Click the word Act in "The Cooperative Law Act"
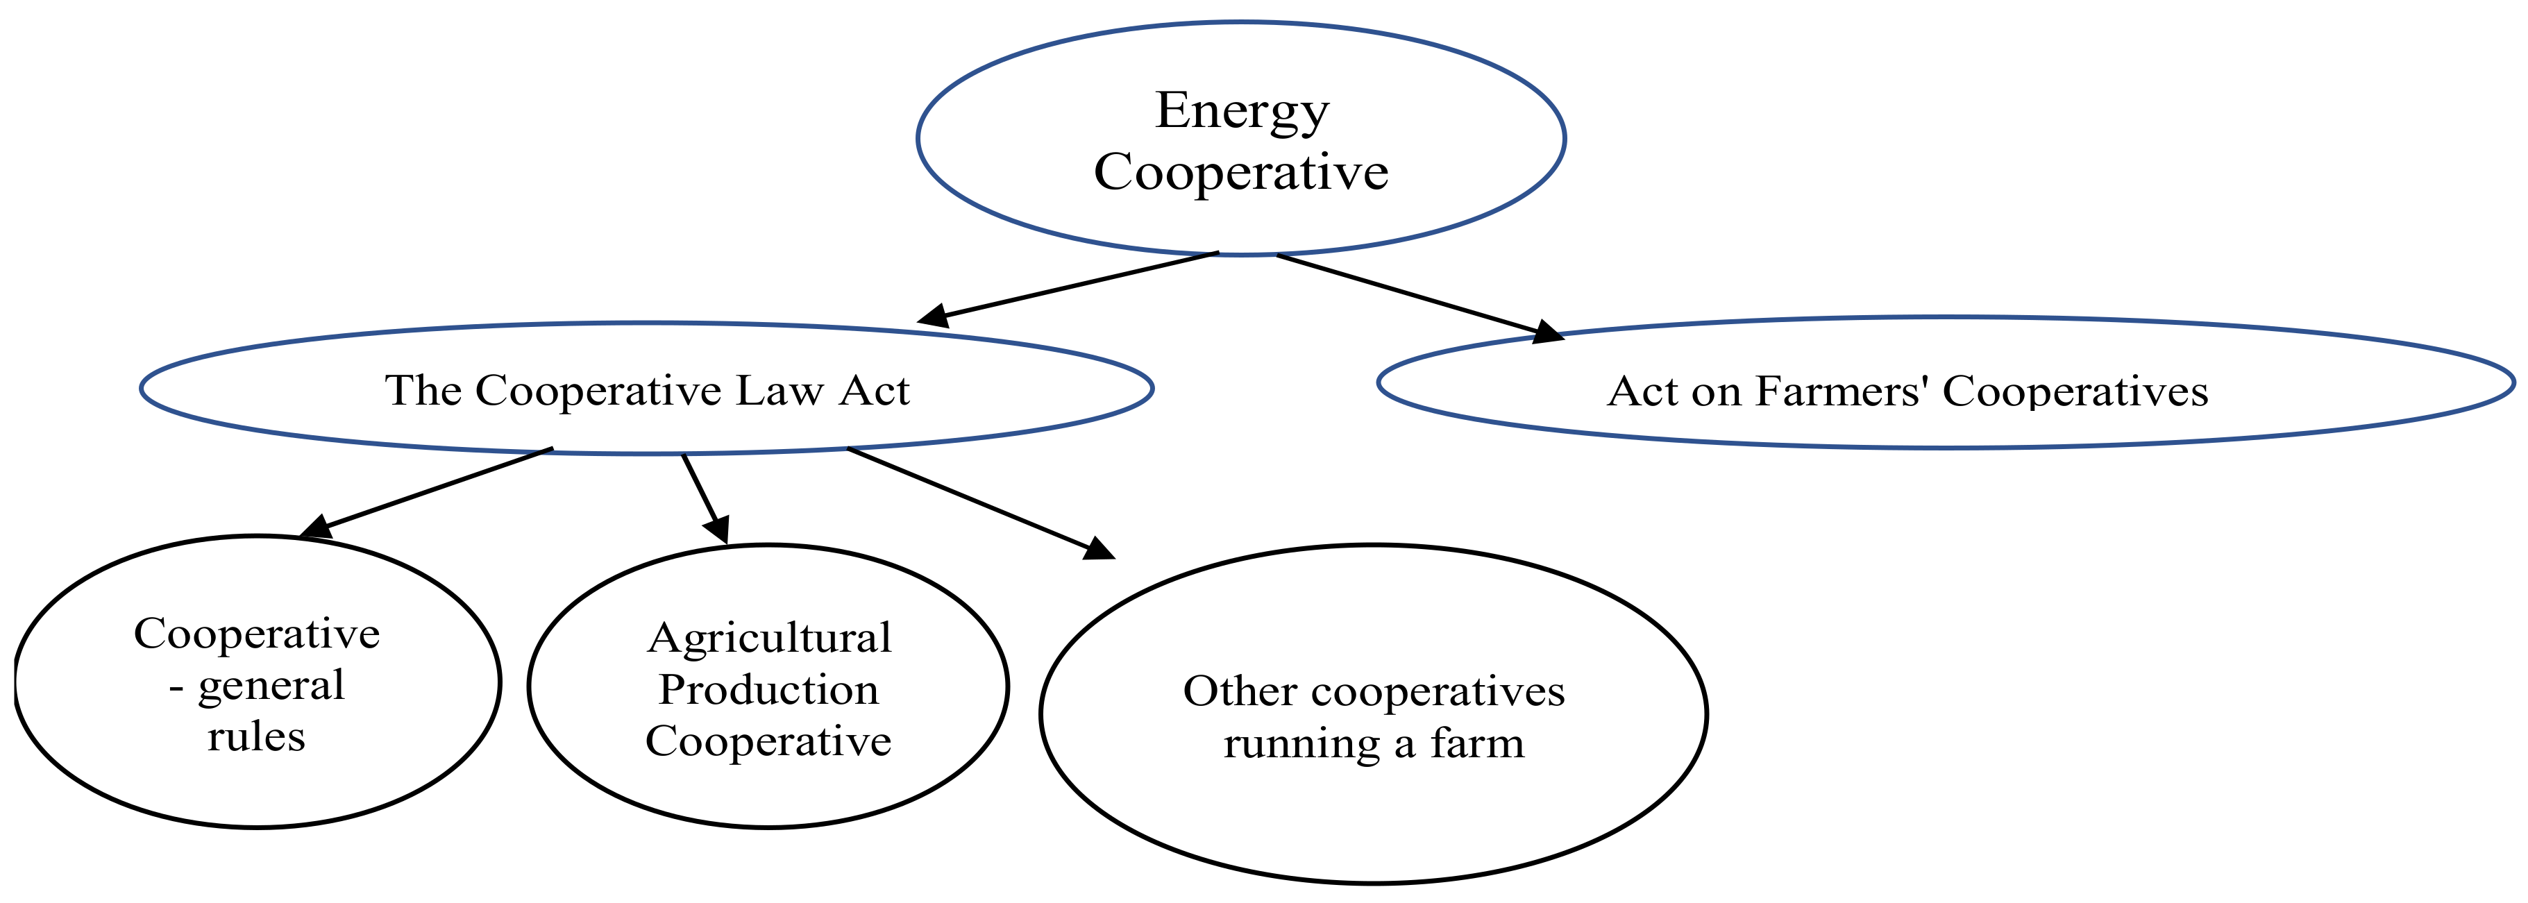(x=875, y=391)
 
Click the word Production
(x=768, y=690)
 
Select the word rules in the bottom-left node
(x=256, y=737)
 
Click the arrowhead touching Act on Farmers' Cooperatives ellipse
(x=1547, y=332)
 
